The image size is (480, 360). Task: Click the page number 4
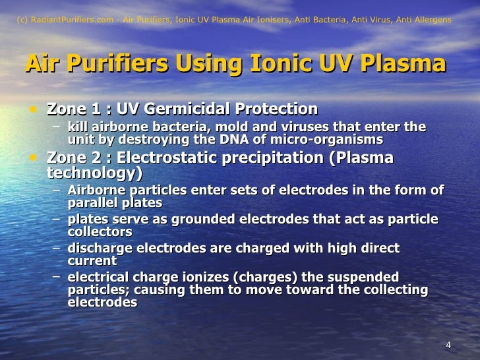click(x=448, y=346)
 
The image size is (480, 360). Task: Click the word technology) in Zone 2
click(x=94, y=173)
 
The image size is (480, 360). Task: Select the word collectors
click(x=100, y=232)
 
